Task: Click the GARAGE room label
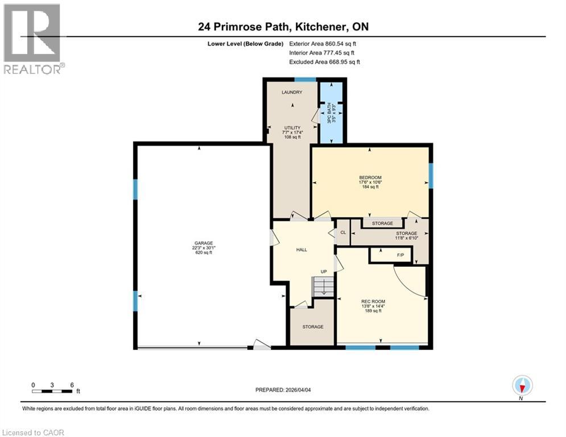pos(203,243)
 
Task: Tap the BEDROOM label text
pos(370,178)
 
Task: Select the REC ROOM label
pos(373,302)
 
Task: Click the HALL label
pos(301,250)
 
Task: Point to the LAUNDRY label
pos(292,92)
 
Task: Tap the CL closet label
pos(343,233)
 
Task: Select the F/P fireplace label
pos(400,255)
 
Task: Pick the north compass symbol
pos(522,386)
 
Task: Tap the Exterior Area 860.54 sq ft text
pos(323,43)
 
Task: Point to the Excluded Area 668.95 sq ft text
pos(324,62)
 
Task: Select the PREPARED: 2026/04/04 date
pos(284,390)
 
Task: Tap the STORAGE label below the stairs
pos(312,327)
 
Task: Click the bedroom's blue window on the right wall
pos(431,175)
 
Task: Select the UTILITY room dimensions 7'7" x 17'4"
pos(292,132)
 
